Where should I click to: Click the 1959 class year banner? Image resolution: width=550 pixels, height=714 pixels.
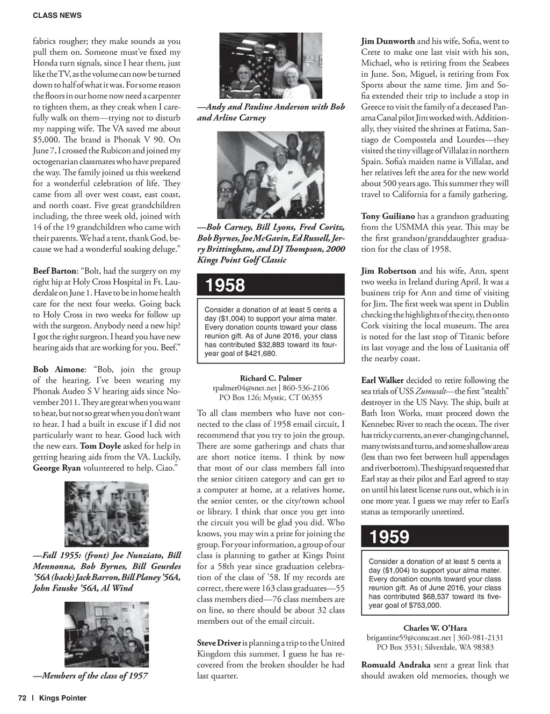click(x=435, y=536)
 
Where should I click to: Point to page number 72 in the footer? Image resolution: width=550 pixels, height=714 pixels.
click(x=22, y=698)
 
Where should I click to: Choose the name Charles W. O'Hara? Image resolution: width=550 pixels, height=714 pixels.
click(x=435, y=628)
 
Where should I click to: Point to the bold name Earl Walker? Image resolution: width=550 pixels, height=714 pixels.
click(x=382, y=381)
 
